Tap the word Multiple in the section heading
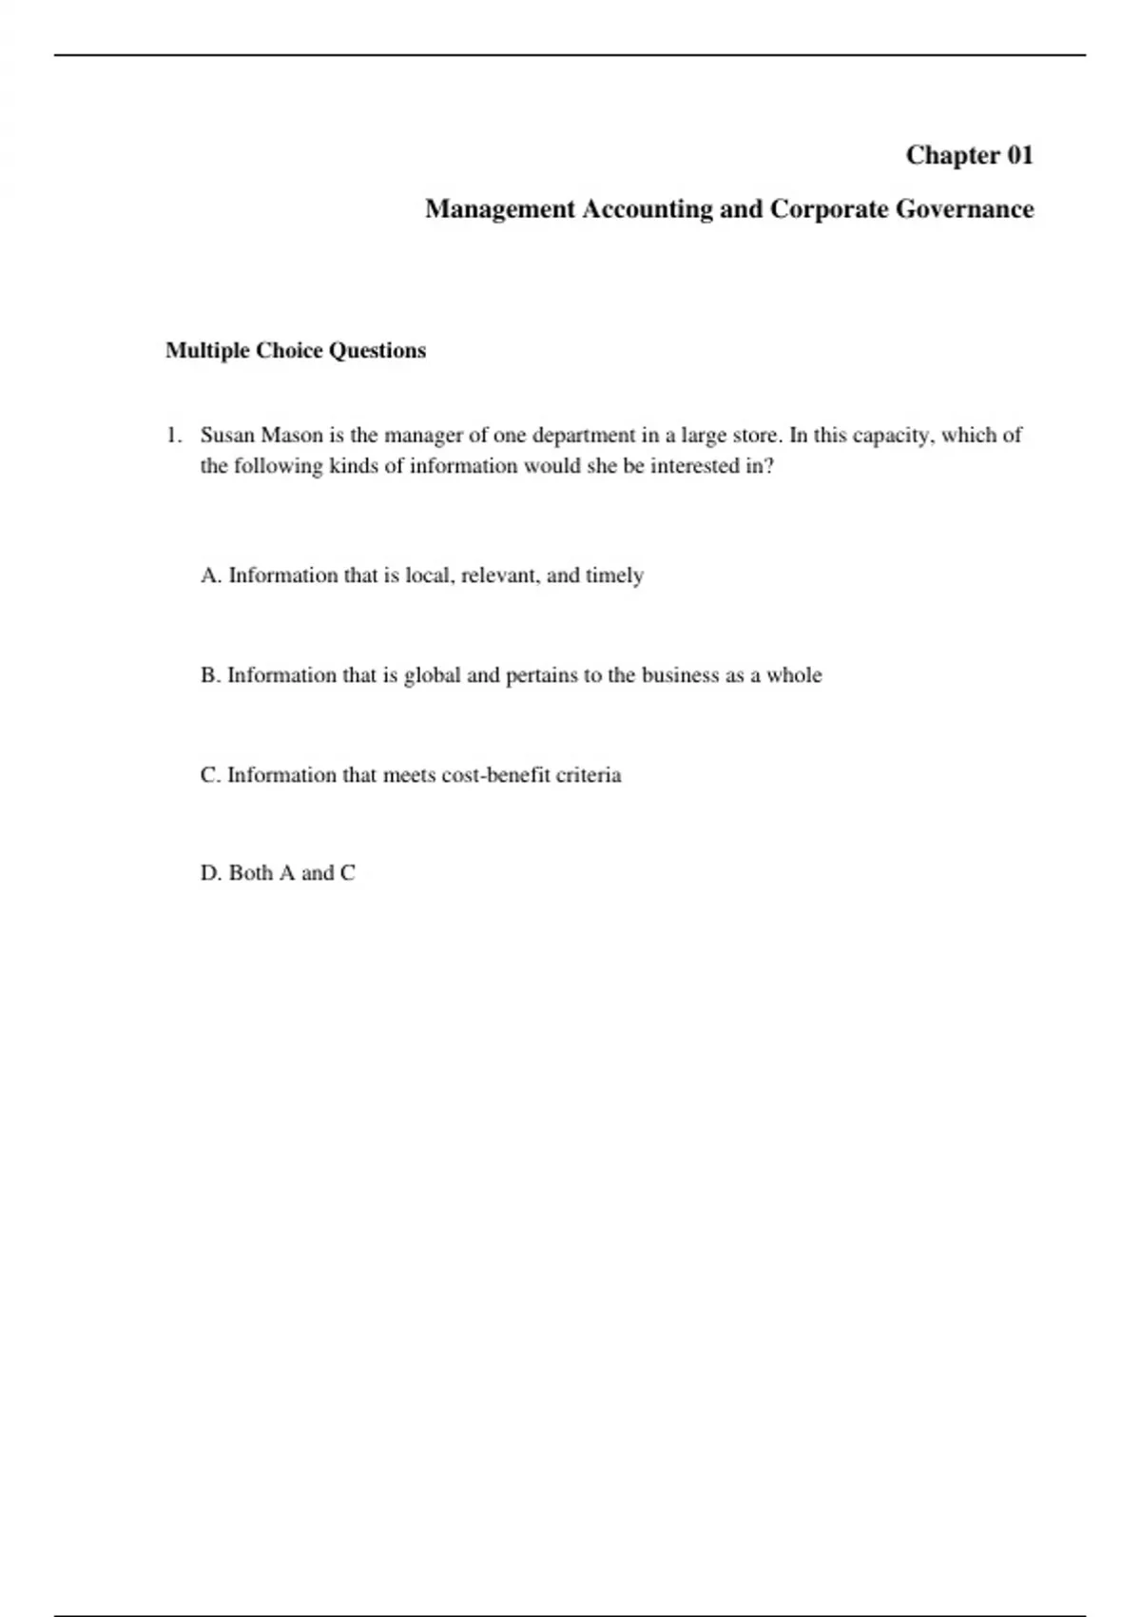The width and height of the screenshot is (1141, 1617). click(207, 351)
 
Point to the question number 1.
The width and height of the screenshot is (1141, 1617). click(172, 436)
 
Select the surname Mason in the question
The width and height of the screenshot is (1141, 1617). click(291, 436)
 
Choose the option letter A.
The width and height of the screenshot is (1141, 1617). click(210, 575)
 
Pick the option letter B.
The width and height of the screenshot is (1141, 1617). click(209, 675)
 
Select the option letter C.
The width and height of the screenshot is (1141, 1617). click(209, 775)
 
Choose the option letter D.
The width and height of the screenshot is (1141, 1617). click(210, 873)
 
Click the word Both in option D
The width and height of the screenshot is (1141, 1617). click(251, 873)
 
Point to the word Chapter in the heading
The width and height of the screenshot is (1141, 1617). click(952, 155)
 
